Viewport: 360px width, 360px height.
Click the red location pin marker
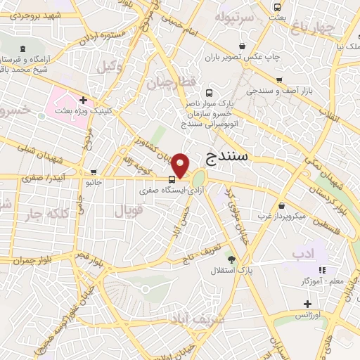[181, 166]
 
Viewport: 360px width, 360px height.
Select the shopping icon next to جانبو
[94, 172]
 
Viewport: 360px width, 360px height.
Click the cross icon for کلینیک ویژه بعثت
[84, 99]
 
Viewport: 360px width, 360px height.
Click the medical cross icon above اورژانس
[307, 304]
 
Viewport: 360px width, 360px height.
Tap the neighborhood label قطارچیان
[169, 82]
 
